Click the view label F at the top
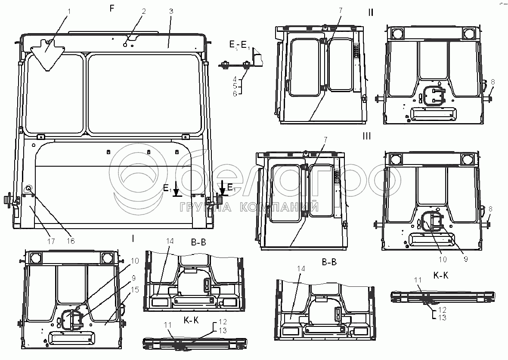112,9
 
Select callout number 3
171,11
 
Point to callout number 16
71,241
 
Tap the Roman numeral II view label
370,12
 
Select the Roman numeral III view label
367,136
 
